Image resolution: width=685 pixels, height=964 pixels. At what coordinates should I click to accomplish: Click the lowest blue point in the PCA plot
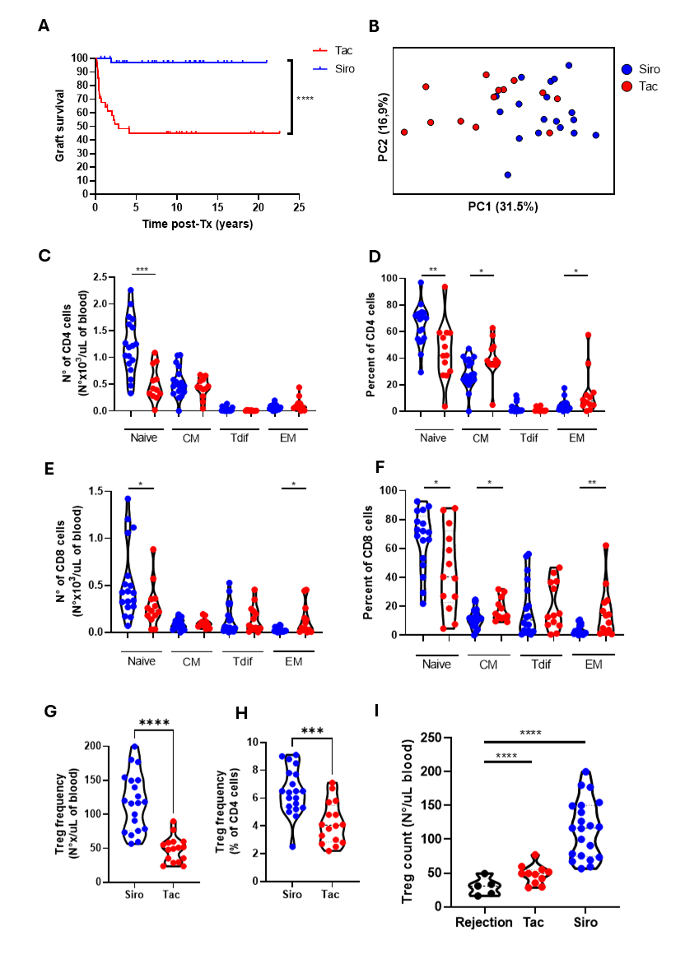[x=507, y=174]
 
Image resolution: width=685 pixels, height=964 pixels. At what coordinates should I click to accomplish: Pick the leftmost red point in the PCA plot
[x=404, y=132]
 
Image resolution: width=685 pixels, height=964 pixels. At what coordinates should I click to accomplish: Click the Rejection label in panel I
[x=483, y=924]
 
